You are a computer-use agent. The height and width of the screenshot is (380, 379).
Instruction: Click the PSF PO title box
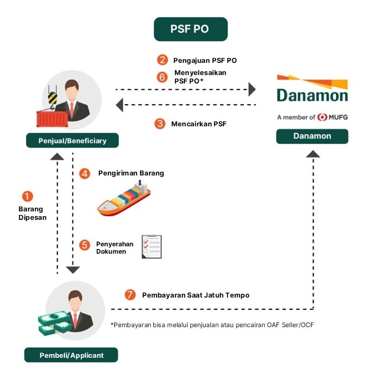point(191,29)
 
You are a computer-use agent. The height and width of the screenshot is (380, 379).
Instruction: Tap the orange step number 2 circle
point(162,60)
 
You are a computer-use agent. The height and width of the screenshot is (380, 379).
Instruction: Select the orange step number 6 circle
point(162,77)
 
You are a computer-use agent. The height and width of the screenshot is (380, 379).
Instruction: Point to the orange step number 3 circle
point(160,124)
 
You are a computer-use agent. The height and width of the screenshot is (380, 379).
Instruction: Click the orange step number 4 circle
point(85,173)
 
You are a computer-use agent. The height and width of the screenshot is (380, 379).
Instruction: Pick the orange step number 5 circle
point(85,245)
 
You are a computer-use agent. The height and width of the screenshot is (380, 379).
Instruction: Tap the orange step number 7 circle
point(130,295)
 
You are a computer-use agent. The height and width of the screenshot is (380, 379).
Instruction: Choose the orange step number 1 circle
point(27,196)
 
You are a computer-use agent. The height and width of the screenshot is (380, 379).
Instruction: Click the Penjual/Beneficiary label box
point(72,141)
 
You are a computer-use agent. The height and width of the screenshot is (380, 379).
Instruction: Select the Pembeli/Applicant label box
point(71,355)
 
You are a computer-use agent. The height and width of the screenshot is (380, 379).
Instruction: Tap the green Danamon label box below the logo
point(312,136)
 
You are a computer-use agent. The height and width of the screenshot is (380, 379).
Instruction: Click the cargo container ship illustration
point(124,198)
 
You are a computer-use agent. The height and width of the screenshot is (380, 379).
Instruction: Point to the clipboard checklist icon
point(152,247)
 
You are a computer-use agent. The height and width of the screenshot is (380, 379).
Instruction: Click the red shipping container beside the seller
point(52,119)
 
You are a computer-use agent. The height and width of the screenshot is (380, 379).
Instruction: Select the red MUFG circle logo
point(322,117)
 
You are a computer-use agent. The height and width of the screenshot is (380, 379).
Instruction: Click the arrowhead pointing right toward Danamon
point(252,89)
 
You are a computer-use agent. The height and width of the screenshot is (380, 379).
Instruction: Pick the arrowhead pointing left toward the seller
point(119,105)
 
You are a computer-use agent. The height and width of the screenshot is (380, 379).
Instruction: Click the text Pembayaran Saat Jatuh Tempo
point(196,295)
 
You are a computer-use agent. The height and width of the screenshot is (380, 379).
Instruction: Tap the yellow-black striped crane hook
point(52,99)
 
